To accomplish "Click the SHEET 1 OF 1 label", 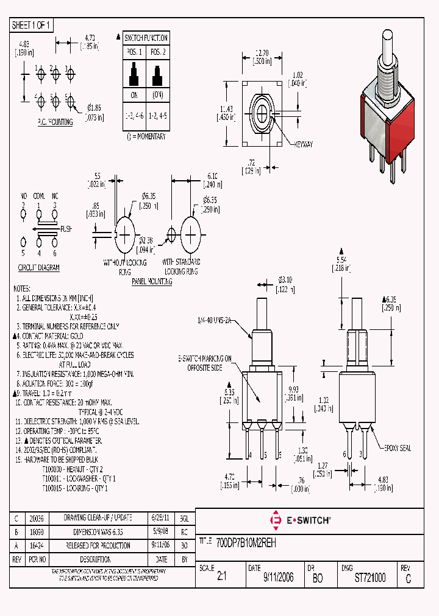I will click(32, 25).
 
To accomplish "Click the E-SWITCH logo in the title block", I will click(300, 520).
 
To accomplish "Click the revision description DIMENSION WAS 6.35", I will click(98, 531).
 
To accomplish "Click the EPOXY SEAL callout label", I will click(397, 448).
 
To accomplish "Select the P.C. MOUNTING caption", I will click(54, 122).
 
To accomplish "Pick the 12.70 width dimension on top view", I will click(262, 53).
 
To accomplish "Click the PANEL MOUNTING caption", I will click(152, 282).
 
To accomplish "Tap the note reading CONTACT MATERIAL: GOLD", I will click(52, 335).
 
